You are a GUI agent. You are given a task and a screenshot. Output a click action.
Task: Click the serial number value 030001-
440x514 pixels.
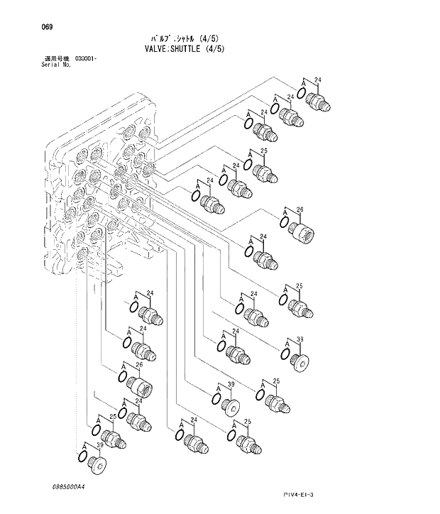coord(85,58)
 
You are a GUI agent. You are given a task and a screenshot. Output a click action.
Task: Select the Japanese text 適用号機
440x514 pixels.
coord(55,58)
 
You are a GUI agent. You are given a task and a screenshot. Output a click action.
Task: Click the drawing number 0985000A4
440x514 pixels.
coord(68,487)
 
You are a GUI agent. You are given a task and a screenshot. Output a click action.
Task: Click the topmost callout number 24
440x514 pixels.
coord(318,80)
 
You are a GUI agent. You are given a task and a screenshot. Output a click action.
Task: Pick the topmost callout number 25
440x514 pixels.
coord(263,151)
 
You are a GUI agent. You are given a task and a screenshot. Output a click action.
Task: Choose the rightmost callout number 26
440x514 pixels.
coord(299,209)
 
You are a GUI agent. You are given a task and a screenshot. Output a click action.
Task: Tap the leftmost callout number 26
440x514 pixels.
coord(139,365)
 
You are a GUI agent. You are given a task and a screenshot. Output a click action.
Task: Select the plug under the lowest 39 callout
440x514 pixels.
coord(99,465)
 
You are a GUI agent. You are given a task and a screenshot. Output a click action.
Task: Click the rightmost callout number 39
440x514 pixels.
coord(299,339)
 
